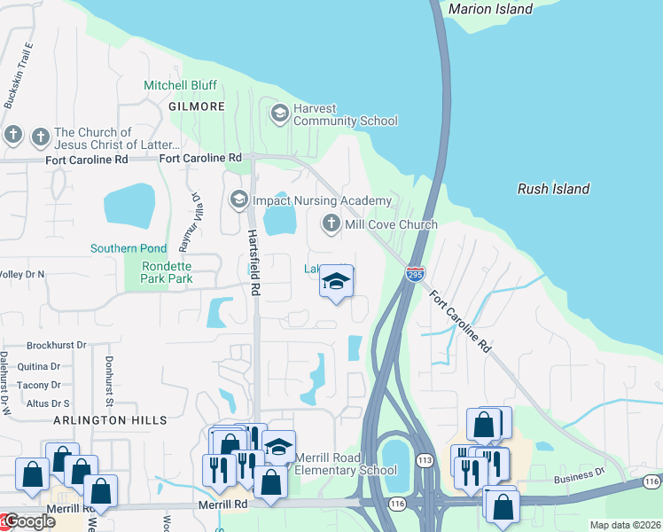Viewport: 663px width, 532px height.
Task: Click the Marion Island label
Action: tap(490, 9)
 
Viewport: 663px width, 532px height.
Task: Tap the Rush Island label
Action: tap(553, 189)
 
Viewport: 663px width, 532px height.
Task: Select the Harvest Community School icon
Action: tap(280, 113)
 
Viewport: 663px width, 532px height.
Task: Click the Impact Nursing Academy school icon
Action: tap(238, 199)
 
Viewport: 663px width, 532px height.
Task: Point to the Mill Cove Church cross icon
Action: tap(331, 223)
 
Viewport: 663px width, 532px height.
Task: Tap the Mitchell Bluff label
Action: tap(180, 85)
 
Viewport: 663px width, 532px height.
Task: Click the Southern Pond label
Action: tap(128, 248)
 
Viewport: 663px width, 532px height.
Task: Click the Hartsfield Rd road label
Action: tap(253, 262)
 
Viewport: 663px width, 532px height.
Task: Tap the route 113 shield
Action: tap(424, 460)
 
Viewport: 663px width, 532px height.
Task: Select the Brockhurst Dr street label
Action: tap(56, 345)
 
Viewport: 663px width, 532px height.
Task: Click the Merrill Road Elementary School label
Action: tap(346, 464)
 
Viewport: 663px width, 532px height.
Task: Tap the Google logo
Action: tap(28, 521)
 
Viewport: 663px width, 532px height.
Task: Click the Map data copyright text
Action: tap(625, 525)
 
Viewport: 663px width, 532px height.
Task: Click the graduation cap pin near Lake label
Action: tap(336, 283)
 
